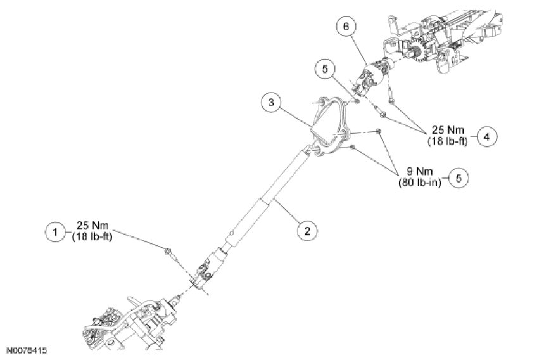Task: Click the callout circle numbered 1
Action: click(56, 232)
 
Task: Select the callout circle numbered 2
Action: click(307, 230)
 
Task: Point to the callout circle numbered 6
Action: click(346, 27)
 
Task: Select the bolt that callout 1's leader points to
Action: click(169, 252)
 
